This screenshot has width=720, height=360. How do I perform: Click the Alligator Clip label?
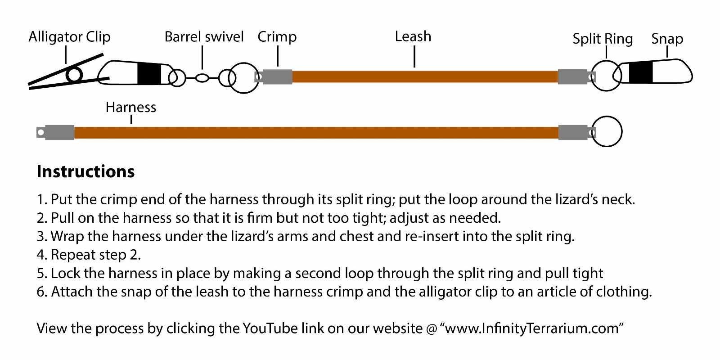tap(69, 37)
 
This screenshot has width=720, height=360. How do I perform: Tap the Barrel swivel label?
tap(204, 37)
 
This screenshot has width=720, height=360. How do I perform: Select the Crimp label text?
tap(277, 37)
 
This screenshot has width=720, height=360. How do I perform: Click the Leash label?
tap(413, 36)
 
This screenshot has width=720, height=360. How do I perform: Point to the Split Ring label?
tap(603, 39)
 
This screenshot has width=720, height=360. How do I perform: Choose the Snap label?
tap(667, 39)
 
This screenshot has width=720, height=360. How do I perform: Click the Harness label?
tap(130, 107)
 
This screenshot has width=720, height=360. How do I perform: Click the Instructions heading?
tap(85, 171)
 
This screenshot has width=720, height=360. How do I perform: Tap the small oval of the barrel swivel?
tap(202, 78)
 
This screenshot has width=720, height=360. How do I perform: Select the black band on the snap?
tap(641, 72)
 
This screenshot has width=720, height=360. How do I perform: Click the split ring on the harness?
tap(607, 131)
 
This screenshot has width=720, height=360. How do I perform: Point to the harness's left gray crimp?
tap(59, 132)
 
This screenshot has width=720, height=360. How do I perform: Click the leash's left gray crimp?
tap(277, 76)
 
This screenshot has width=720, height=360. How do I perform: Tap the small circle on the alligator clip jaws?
tap(74, 75)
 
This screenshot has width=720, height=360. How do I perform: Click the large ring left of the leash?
tap(243, 78)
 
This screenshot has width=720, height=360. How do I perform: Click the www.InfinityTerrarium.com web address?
tap(531, 328)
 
